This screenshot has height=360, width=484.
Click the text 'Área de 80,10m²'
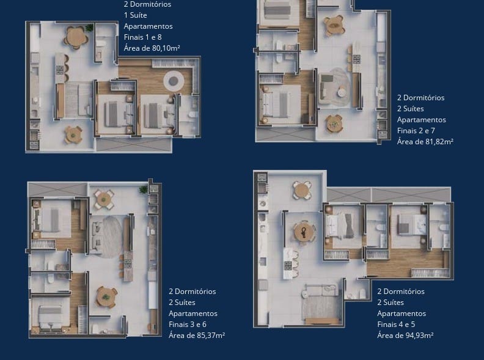tap(152, 48)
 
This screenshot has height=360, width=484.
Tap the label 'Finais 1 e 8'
tap(142, 37)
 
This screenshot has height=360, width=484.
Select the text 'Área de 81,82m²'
tap(425, 142)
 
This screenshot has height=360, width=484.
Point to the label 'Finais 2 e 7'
tap(416, 131)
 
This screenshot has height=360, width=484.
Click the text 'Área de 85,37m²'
tap(197, 336)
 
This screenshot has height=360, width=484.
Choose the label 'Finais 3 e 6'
tap(188, 324)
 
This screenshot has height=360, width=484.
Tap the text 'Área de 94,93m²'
tap(405, 336)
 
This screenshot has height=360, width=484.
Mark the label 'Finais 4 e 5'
tap(396, 324)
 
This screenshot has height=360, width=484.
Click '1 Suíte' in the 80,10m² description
tap(135, 15)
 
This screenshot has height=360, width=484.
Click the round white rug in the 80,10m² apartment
tap(174, 81)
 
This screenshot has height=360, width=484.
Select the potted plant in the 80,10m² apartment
tap(89, 28)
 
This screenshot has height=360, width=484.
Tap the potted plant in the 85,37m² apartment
tap(143, 189)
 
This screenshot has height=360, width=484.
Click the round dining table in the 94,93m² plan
tap(304, 232)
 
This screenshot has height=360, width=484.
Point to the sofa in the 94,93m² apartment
tap(320, 290)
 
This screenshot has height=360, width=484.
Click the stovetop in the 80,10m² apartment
tap(59, 70)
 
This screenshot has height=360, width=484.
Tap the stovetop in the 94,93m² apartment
tap(288, 265)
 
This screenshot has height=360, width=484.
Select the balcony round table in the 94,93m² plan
tap(302, 190)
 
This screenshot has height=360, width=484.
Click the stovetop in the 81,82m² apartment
tap(356, 59)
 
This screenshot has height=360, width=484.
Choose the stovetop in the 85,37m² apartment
tap(128, 263)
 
